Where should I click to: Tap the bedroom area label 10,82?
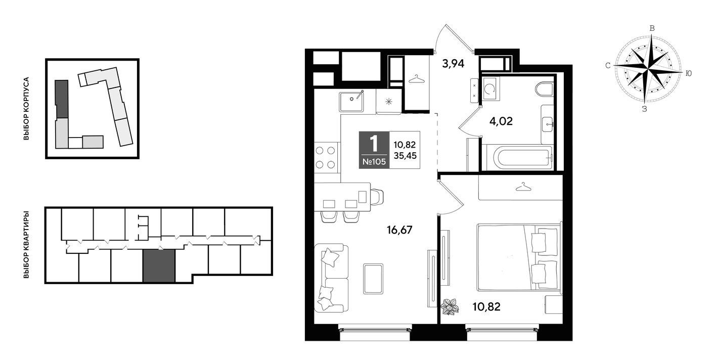486,307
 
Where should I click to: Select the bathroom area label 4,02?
501,121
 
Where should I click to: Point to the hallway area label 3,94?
453,64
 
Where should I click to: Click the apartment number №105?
374,162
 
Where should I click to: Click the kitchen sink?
352,101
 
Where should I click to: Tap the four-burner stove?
326,158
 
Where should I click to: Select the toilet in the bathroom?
545,89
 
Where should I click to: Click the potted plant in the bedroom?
450,307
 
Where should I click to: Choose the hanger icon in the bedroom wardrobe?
523,187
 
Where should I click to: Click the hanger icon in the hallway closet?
417,79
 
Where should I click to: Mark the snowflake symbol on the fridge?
389,102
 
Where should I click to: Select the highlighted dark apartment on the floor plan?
159,266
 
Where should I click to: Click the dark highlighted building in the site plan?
62,99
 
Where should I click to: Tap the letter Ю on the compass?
689,73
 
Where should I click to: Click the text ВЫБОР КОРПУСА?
26,108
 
